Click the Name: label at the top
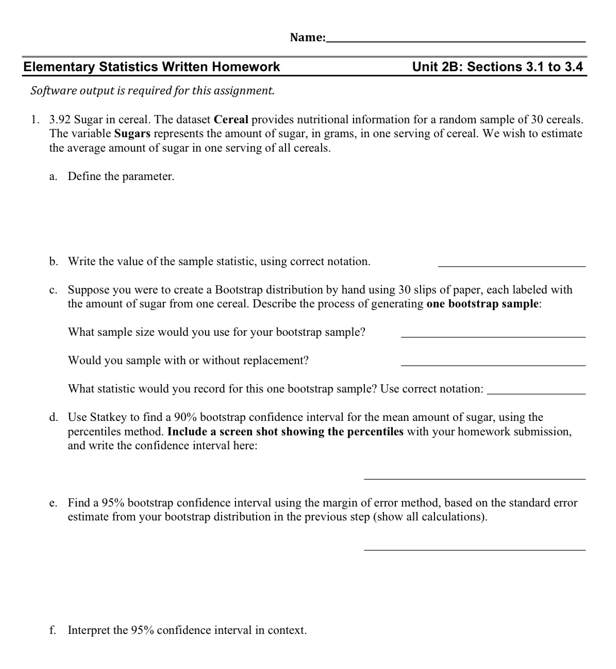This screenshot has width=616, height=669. click(x=307, y=37)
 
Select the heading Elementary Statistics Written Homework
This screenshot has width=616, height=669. click(x=152, y=67)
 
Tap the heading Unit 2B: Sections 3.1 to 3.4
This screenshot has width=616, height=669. click(x=497, y=67)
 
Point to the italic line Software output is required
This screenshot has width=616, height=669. click(x=153, y=91)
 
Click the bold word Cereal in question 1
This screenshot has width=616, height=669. click(x=231, y=120)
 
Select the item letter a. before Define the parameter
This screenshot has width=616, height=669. click(x=53, y=176)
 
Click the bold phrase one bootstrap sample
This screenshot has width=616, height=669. click(x=482, y=304)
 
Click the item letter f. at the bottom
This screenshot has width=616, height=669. click(x=53, y=630)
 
